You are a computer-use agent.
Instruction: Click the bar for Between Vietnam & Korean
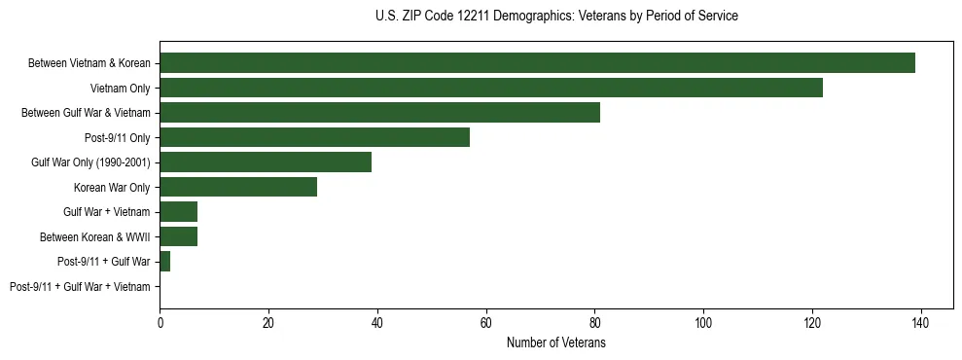(x=537, y=63)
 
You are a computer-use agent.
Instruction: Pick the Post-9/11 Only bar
(x=314, y=137)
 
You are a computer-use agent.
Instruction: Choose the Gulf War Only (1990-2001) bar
(x=266, y=162)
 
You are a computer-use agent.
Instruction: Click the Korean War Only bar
(x=238, y=187)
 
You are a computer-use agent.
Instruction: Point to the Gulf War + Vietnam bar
(x=179, y=212)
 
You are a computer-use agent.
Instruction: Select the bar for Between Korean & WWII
(x=179, y=236)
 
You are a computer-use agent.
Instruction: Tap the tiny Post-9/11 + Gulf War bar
(x=165, y=262)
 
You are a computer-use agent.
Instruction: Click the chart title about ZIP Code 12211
(x=556, y=17)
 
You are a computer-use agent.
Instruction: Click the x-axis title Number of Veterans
(x=556, y=343)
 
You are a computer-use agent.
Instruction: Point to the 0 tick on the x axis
(x=160, y=323)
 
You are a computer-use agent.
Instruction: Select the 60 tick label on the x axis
(x=485, y=323)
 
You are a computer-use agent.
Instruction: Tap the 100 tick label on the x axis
(x=703, y=323)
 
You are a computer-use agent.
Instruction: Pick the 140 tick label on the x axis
(x=920, y=323)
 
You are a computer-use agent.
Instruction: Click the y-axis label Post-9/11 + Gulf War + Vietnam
(x=80, y=287)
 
